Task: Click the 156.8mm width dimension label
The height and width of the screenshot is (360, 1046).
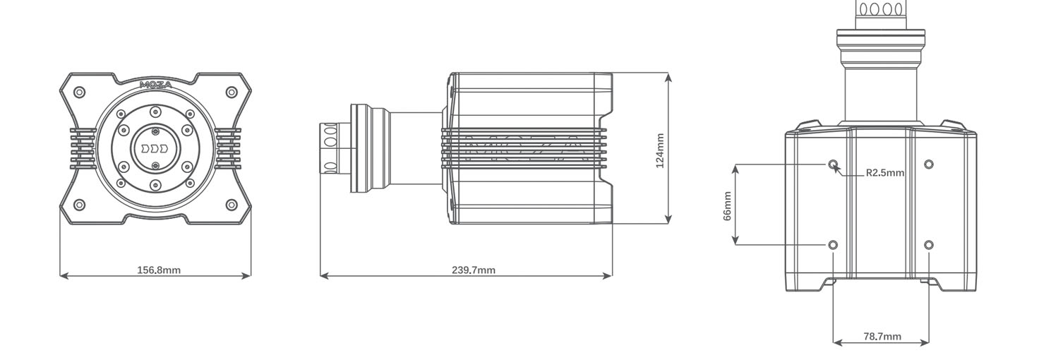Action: [158, 270]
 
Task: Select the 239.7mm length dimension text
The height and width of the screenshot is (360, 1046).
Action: [473, 270]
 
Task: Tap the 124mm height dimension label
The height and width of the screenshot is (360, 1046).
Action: [660, 150]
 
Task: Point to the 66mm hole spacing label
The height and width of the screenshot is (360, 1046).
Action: [727, 205]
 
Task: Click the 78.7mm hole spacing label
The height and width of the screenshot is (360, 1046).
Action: [882, 337]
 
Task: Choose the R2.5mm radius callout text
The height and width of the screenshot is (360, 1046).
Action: [884, 172]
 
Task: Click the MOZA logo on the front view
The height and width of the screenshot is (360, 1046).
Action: [155, 85]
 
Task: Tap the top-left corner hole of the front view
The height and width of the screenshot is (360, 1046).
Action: [80, 92]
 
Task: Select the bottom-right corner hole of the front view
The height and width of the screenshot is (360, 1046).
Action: [231, 205]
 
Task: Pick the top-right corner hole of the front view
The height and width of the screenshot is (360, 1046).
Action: [231, 92]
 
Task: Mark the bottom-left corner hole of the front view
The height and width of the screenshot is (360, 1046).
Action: [80, 205]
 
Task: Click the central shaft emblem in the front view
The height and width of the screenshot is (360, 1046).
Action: [155, 149]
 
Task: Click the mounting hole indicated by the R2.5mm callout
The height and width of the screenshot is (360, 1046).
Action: [834, 164]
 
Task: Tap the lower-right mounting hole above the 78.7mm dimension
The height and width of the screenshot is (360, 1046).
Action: [929, 245]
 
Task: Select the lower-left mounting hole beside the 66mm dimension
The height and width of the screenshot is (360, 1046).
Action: [834, 245]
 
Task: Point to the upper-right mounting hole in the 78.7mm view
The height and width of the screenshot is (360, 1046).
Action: [929, 164]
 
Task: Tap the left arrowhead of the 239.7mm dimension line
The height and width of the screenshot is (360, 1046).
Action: [323, 276]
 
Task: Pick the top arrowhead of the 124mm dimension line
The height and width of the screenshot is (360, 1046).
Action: [668, 76]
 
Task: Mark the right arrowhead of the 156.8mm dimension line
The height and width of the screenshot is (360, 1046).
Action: [248, 276]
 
